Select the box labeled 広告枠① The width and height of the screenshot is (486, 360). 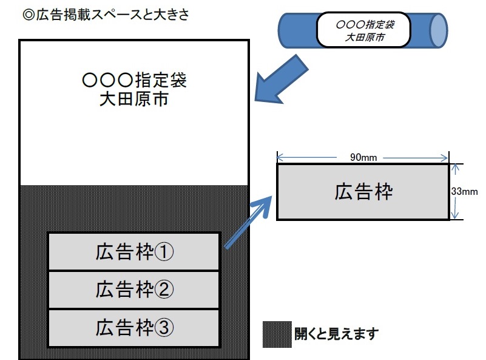click(x=134, y=251)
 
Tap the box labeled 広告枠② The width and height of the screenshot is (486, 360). click(x=134, y=290)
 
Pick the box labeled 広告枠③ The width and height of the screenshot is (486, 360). click(x=134, y=328)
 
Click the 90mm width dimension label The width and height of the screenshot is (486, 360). click(x=363, y=157)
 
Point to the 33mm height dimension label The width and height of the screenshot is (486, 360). click(x=464, y=191)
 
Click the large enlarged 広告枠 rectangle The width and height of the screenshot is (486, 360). click(x=363, y=192)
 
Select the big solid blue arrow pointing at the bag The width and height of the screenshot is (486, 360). click(x=280, y=80)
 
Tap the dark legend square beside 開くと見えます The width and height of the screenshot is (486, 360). click(x=277, y=335)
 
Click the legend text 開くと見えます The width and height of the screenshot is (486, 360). click(x=337, y=334)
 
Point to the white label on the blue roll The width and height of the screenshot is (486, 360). click(x=363, y=30)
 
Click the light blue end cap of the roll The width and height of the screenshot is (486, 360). click(x=439, y=30)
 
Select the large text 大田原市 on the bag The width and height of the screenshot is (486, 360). click(x=134, y=99)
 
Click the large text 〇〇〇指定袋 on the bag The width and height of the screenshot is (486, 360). click(x=134, y=80)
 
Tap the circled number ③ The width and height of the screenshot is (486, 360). click(x=164, y=328)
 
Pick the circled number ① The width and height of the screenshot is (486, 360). click(x=164, y=251)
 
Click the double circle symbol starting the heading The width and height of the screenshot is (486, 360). click(x=29, y=15)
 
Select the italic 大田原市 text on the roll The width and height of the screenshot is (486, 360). click(x=365, y=37)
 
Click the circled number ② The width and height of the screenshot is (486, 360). click(x=164, y=290)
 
